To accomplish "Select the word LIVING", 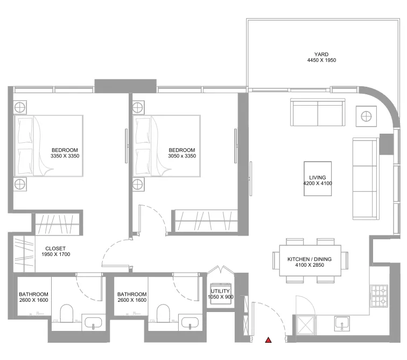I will [317, 177].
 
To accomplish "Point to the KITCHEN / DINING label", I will [309, 259].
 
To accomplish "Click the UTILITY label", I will [221, 291].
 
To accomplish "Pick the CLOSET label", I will [55, 248].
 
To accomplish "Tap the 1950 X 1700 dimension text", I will [55, 254].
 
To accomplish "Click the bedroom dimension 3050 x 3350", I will [181, 156].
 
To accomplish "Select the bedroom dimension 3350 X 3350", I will [65, 156].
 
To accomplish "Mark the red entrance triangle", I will [268, 340].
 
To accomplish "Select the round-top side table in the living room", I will [366, 115].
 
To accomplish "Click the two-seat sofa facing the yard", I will [318, 112].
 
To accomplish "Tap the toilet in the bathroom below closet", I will [66, 313].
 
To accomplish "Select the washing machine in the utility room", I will [221, 294].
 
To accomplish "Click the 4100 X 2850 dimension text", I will [309, 266].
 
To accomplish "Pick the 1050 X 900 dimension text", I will [221, 297].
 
